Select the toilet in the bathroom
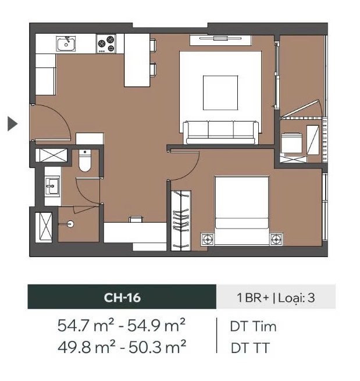pos(84,162)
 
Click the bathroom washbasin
pos(52,187)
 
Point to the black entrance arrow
pos(12,123)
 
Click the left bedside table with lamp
pos(207,238)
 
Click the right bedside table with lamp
pos(276,238)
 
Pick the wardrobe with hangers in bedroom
pos(181,220)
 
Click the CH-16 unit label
pos(122,298)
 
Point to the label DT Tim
pos(253,326)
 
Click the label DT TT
pos(250,348)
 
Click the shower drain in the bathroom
pos(70,223)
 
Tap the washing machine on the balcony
pos(290,143)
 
